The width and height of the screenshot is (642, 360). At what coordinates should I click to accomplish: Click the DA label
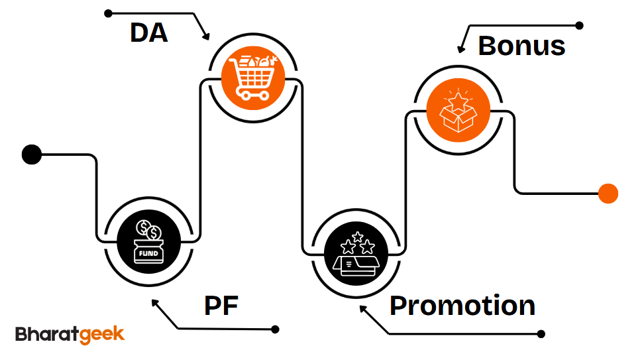[148, 32]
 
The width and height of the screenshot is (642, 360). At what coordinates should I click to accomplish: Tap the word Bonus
[521, 46]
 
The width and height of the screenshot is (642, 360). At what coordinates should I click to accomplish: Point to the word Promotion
[462, 306]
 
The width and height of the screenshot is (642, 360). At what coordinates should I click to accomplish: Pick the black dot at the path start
[31, 154]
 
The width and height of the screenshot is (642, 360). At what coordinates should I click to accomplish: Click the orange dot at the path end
[608, 194]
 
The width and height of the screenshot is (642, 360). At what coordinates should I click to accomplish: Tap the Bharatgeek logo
[70, 333]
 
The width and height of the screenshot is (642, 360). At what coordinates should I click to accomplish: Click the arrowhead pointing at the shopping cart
[206, 36]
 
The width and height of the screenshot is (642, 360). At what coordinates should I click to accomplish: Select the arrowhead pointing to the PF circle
[154, 302]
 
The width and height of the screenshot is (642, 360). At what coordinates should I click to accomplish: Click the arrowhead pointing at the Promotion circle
[362, 308]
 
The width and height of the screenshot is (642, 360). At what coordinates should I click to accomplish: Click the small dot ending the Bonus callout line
[579, 26]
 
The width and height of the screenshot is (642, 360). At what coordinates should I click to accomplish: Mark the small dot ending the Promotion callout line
[541, 333]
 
